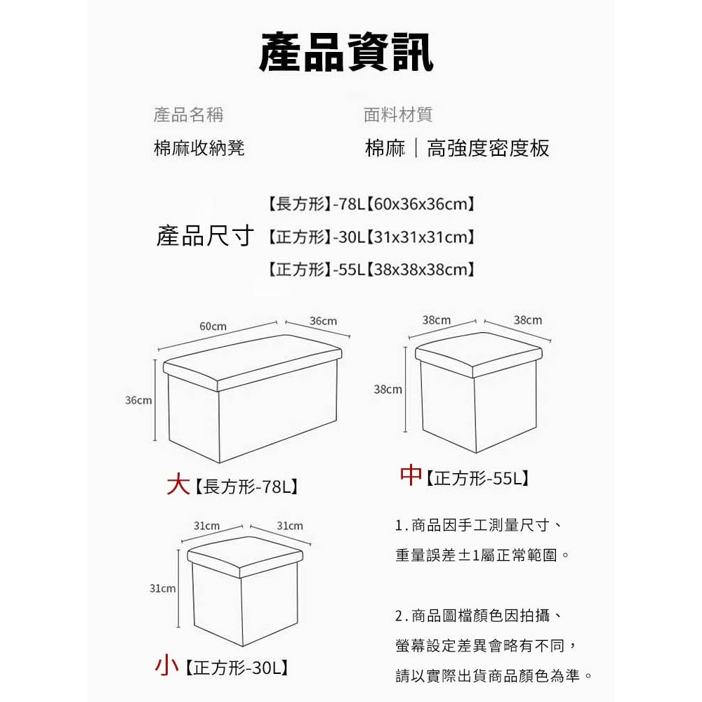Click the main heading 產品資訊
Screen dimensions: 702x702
pos(346,53)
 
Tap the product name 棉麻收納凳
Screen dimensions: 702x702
pos(199,147)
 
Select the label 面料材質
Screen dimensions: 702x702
pos(398,114)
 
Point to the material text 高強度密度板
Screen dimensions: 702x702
pos(488,148)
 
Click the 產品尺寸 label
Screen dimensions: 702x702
pos(205,235)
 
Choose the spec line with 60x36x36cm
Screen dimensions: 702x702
pos(371,204)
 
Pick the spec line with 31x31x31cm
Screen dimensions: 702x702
pos(371,237)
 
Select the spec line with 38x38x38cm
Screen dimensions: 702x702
pos(371,270)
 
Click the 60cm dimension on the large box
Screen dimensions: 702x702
pos(213,326)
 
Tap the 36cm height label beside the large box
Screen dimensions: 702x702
pos(138,400)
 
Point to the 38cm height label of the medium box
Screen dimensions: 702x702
pos(388,390)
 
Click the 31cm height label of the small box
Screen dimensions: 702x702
pos(163,588)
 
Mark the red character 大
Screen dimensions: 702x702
pos(178,484)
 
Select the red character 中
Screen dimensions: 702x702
pos(411,475)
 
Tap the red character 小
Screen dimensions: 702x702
pos(167,665)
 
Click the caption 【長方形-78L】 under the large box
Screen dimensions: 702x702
pos(246,486)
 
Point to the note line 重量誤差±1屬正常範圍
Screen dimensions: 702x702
pos(483,555)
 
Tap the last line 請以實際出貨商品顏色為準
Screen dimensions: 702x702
pos(494,675)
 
